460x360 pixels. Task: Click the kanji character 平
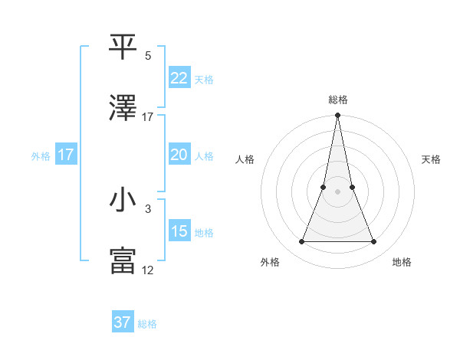[123, 46]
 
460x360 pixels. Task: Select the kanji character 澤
[123, 110]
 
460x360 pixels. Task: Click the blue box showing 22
[179, 78]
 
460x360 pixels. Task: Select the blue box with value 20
[179, 155]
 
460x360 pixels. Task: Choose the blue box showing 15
[179, 231]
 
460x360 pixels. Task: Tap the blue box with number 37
[122, 322]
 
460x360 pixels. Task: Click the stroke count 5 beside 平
[148, 55]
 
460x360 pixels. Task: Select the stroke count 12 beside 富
[148, 270]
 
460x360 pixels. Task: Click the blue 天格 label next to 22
[204, 79]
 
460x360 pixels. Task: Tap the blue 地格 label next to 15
[204, 232]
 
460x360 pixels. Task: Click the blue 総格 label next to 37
[147, 323]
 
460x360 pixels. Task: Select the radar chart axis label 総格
[337, 100]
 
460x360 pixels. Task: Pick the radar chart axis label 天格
[431, 159]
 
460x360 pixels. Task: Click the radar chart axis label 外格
[270, 262]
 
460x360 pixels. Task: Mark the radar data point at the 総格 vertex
[337, 116]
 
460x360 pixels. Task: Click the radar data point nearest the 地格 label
[373, 242]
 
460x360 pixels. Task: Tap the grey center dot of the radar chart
[337, 192]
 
